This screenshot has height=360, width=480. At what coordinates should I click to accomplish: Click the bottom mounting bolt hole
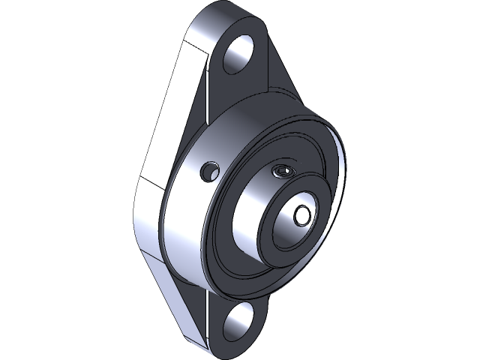click(238, 321)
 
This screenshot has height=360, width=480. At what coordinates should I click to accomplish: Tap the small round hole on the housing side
click(208, 172)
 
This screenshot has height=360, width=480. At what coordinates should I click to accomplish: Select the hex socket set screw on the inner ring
click(283, 171)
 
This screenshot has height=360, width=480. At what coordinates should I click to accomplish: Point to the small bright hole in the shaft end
click(302, 214)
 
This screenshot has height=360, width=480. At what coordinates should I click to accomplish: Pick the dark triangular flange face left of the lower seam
click(187, 300)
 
